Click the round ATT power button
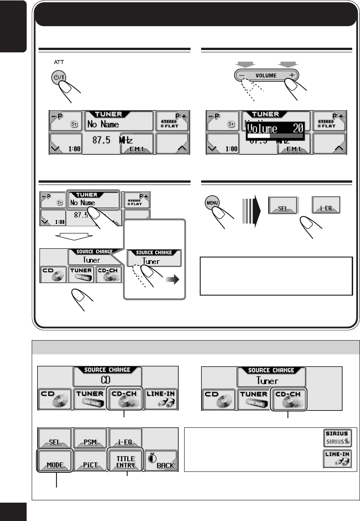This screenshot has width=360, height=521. click(x=57, y=77)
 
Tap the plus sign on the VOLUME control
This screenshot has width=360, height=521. click(x=292, y=76)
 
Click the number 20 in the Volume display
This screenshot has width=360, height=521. click(x=298, y=128)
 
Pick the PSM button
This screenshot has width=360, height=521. click(x=90, y=440)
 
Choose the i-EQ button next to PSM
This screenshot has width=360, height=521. click(x=125, y=440)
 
